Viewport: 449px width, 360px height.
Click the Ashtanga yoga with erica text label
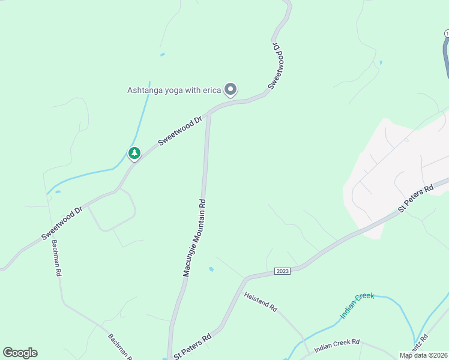[174, 91]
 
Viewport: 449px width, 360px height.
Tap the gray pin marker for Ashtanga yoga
[231, 89]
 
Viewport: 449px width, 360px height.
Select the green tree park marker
[134, 154]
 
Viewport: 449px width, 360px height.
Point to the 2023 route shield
[283, 271]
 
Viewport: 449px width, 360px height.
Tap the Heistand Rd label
[261, 301]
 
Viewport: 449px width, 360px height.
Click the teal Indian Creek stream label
[357, 305]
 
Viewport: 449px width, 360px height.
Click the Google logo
[20, 353]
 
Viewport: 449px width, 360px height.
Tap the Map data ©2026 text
[423, 355]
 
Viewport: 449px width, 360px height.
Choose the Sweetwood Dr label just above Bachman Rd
[62, 224]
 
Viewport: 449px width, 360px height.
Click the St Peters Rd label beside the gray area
[415, 199]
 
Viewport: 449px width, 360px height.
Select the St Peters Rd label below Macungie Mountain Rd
[193, 346]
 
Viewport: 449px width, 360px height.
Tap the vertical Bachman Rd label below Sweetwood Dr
[56, 257]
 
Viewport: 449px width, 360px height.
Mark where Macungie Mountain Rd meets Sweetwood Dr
[209, 112]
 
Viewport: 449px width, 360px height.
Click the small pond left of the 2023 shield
[211, 269]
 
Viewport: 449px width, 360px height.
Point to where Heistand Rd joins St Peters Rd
[245, 279]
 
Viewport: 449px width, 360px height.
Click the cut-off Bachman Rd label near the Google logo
[119, 346]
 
